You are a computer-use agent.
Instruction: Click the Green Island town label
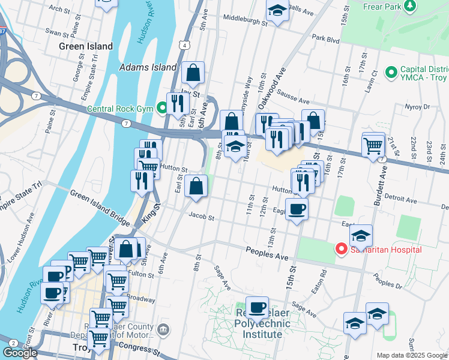[x=86, y=46]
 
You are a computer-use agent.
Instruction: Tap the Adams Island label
[x=148, y=68]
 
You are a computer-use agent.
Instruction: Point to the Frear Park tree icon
[x=410, y=6]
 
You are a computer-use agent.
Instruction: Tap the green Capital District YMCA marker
[x=391, y=73]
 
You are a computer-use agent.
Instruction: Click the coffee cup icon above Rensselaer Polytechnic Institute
[x=258, y=307]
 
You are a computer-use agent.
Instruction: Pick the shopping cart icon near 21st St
[x=373, y=144]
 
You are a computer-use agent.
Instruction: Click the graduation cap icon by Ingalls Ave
[x=277, y=10]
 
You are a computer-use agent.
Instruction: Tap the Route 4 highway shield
[x=187, y=45]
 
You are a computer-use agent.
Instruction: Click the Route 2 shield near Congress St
[x=13, y=343]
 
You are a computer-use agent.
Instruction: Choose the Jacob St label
[x=201, y=215]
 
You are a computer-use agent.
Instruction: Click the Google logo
[x=20, y=353]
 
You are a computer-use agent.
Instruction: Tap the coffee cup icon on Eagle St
[x=297, y=209]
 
